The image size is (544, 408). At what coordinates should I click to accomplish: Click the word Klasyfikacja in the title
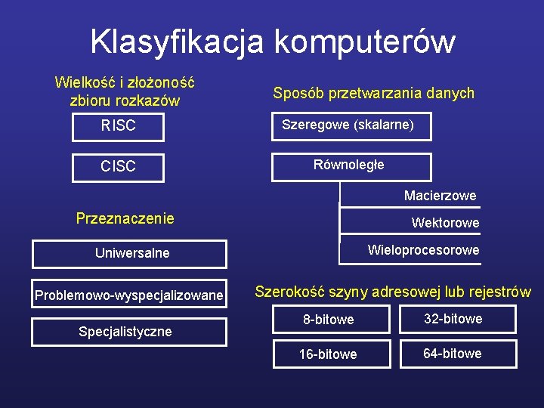pos(177,42)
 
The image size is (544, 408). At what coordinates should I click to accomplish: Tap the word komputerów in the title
pos(365,42)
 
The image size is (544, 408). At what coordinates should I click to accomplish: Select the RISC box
pos(119,126)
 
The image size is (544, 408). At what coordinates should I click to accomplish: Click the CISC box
pos(119,166)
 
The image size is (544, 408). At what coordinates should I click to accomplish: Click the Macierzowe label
pos(440,196)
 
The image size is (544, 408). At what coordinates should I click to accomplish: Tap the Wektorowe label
pos(445,223)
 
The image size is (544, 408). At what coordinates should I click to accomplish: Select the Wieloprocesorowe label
pos(423,250)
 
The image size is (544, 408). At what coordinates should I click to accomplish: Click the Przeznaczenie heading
pos(125,218)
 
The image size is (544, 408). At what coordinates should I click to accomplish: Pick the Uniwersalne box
pos(130,254)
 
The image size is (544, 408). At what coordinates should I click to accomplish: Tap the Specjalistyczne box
pos(130,332)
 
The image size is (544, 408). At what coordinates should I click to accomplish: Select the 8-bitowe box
pos(329,320)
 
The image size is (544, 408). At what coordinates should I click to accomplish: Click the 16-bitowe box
pos(329,354)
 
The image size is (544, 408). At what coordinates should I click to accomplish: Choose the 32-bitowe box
pos(453,319)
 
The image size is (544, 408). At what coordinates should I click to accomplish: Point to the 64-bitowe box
pos(453,354)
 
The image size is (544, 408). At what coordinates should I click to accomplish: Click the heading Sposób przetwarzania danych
pos(373,93)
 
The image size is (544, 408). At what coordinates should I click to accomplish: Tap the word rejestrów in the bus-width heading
pos(499,292)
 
